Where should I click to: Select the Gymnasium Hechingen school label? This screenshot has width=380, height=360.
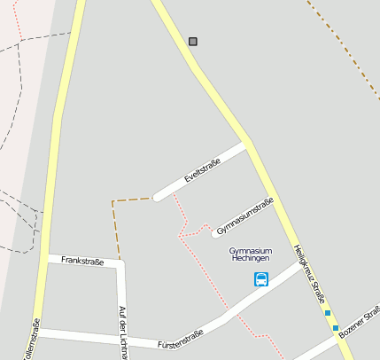[x=250, y=254]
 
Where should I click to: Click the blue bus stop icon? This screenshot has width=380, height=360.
[x=261, y=279]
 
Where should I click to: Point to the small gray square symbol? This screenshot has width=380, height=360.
[x=193, y=42]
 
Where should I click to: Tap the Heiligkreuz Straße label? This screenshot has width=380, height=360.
[x=310, y=274]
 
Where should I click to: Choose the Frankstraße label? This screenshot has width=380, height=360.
[x=82, y=261]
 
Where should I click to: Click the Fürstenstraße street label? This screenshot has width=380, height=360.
[x=180, y=338]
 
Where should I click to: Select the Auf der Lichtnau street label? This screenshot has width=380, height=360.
[x=122, y=331]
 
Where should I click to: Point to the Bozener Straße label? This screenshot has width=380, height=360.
[x=360, y=320]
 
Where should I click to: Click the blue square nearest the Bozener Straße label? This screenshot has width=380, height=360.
[x=336, y=328]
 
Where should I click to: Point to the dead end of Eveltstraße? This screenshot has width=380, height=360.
[x=157, y=197]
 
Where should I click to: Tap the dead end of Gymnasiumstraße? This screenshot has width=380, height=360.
[x=215, y=234]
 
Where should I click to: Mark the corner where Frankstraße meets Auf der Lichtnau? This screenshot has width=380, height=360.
[x=120, y=263]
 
